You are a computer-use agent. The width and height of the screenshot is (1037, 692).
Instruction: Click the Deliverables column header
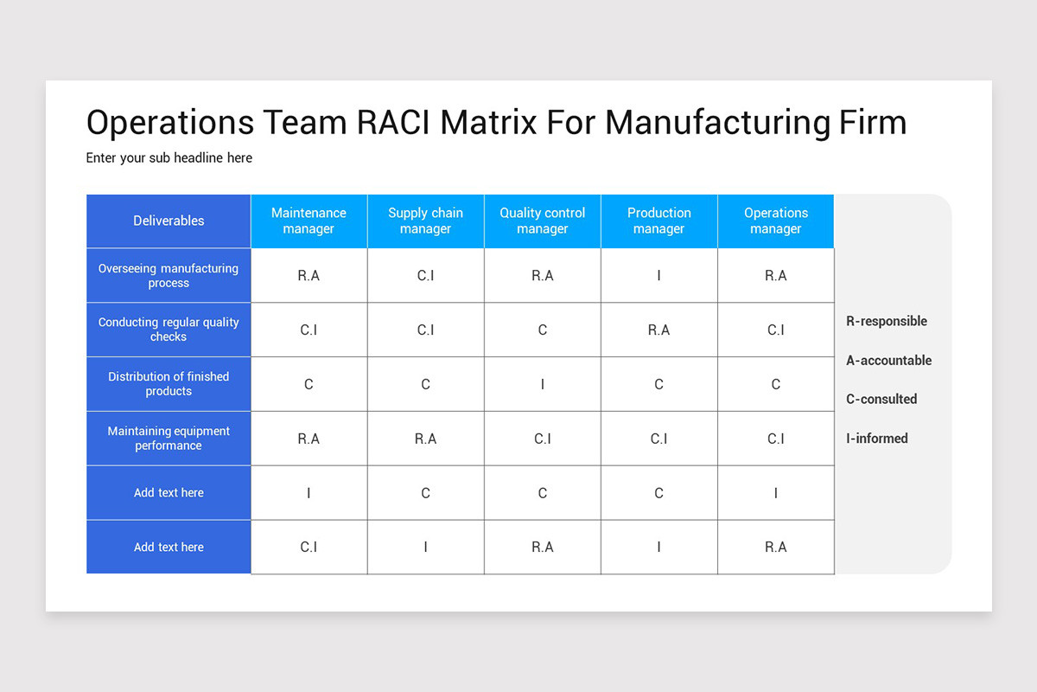coord(169,221)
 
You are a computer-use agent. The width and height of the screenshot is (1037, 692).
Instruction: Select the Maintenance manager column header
coord(309,221)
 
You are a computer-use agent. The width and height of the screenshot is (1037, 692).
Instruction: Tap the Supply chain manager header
coord(425,221)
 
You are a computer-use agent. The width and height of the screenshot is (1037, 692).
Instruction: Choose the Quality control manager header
coord(542,221)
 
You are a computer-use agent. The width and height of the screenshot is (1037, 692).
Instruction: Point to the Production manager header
coord(658,221)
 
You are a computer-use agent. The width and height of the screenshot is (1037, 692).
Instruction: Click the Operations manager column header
coord(775,221)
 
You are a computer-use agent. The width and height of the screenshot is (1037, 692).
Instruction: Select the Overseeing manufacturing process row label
coord(169,276)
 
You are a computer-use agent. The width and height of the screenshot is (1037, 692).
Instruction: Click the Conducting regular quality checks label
coord(169,330)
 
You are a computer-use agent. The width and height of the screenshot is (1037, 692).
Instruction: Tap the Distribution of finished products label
coord(169,384)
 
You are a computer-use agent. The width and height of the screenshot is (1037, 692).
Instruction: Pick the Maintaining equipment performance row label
coord(169,439)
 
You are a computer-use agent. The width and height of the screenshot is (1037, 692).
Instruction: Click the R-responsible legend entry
coord(886,321)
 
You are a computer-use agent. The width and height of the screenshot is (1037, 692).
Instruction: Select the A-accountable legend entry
coord(888,361)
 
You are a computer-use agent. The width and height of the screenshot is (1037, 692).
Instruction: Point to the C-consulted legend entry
coord(881,399)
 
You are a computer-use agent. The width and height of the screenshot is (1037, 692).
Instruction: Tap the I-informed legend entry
coord(876,439)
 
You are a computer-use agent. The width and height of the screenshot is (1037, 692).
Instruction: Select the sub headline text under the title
coord(169,158)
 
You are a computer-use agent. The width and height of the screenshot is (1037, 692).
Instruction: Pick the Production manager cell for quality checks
coord(658,330)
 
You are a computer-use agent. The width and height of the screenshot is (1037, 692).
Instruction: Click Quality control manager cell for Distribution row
coord(542,384)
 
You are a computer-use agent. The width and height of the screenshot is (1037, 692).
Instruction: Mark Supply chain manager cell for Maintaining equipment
coord(425,439)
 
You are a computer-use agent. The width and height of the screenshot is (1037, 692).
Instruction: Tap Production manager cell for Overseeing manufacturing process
coord(658,276)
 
